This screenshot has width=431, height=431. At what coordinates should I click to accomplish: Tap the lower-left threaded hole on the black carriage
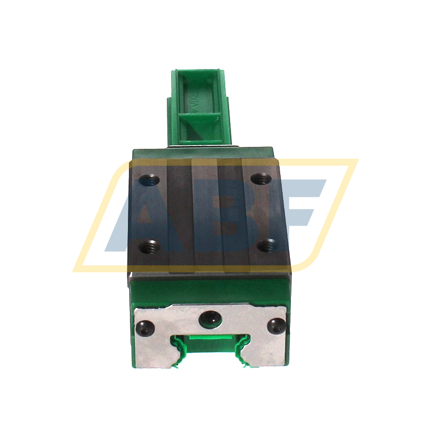click(x=147, y=247)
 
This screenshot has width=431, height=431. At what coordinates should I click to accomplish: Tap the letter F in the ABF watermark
click(x=292, y=214)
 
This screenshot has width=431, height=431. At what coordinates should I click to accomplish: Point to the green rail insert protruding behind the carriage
click(x=199, y=107)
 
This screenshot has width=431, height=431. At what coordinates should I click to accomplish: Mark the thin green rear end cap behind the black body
click(x=204, y=148)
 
